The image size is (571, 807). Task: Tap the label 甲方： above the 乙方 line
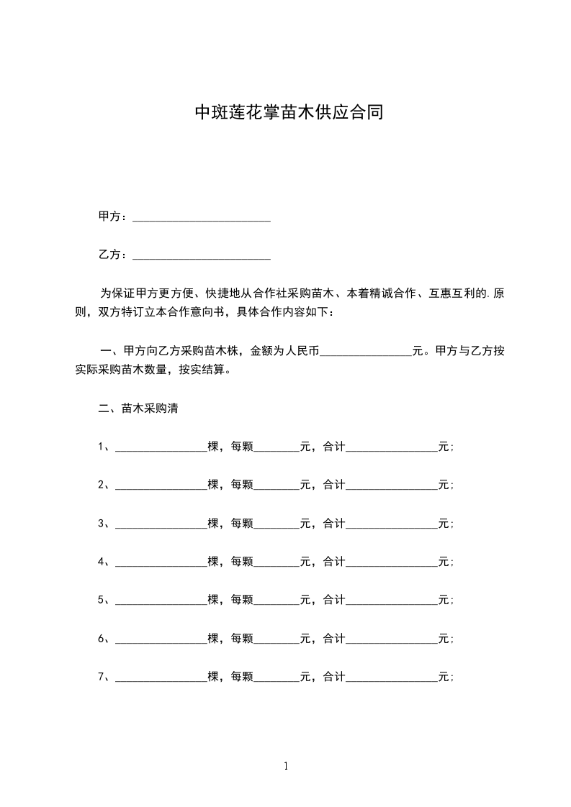pos(114,216)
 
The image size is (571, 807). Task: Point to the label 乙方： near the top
pos(114,255)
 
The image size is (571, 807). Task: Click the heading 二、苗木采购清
pos(138,409)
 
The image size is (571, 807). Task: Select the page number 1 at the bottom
pos(286,766)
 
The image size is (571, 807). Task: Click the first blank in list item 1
pos(161,447)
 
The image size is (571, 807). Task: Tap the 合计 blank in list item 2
pos(392,485)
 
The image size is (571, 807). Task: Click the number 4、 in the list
pos(104,562)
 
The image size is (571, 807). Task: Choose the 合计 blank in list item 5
pos(392,600)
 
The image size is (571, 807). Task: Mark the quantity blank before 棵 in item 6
pos(161,639)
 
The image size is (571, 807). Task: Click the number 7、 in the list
pos(104,677)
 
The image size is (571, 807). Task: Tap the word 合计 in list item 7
pos(334,677)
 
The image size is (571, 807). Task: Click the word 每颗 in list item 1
pos(242,447)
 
